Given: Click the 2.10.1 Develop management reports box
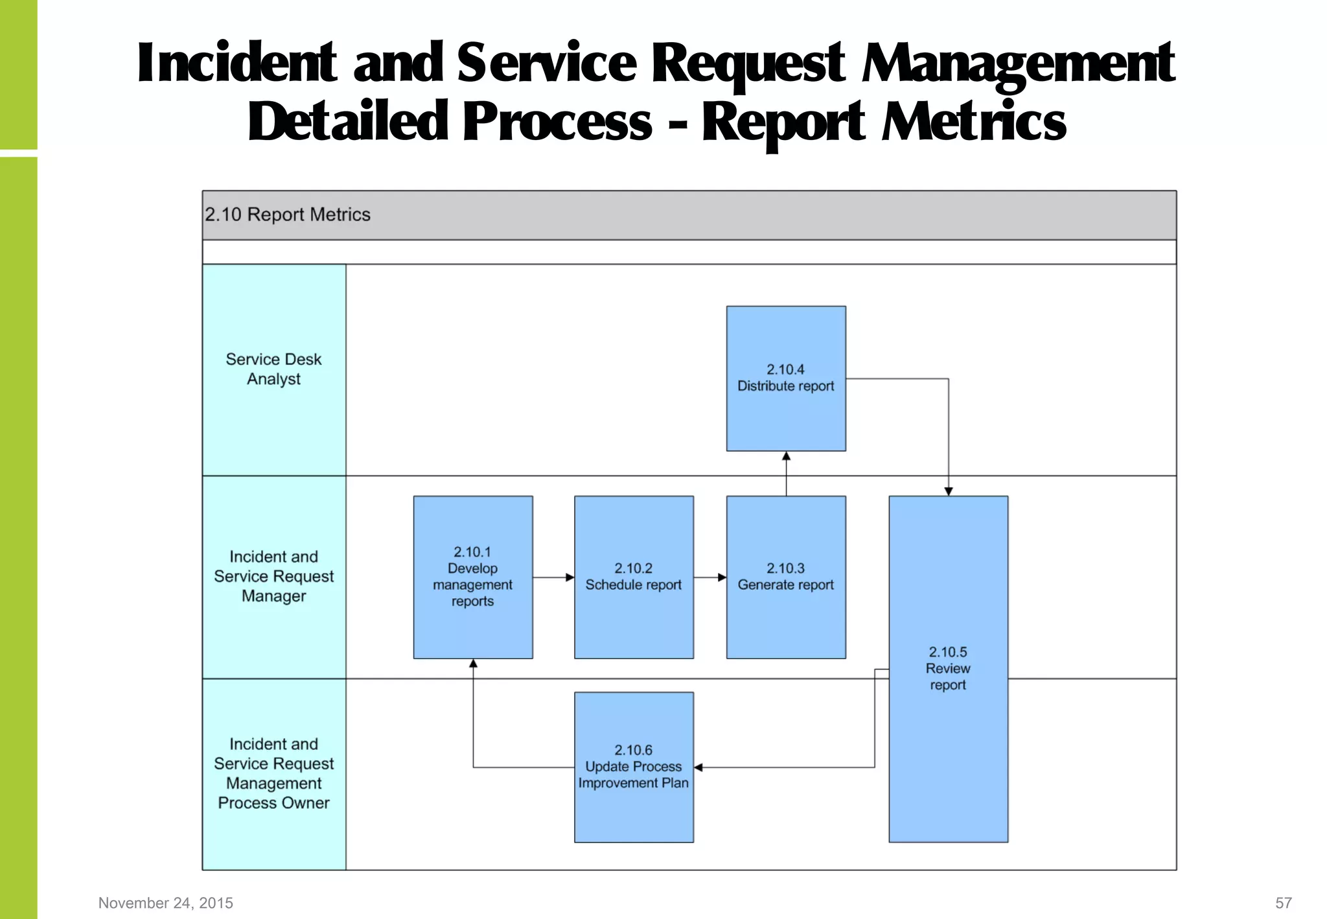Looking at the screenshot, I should click(473, 577).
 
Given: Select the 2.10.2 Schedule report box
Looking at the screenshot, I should click(634, 577).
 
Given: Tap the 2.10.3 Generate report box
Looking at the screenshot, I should click(786, 577).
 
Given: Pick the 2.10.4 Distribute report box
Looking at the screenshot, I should click(786, 378).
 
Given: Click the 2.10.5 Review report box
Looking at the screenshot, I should click(948, 669).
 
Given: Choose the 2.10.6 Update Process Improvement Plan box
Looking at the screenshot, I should click(634, 767).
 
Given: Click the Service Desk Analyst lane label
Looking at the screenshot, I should click(274, 369).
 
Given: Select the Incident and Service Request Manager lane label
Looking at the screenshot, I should click(274, 576).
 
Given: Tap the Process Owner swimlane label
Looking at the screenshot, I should click(274, 773).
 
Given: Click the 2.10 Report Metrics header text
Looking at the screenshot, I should click(288, 215).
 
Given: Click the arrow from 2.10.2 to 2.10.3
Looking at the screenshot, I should click(710, 577).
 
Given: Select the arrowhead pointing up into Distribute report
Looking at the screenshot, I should click(786, 456).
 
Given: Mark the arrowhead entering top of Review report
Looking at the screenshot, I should click(948, 491).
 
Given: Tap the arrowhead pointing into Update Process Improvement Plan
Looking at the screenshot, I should click(698, 767).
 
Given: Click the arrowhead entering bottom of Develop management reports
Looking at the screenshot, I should click(473, 664).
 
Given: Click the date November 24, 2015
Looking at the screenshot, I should click(166, 903).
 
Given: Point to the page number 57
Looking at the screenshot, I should click(1284, 903).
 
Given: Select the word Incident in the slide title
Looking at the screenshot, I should click(237, 64).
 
